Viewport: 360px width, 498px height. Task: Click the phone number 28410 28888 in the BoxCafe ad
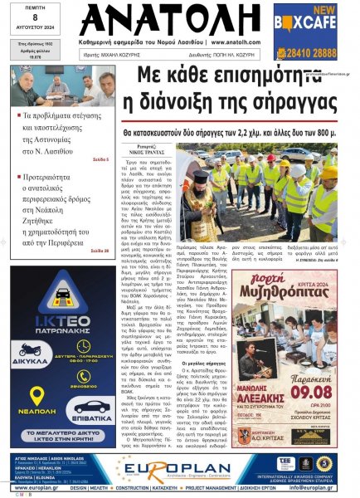[x=307, y=51]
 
